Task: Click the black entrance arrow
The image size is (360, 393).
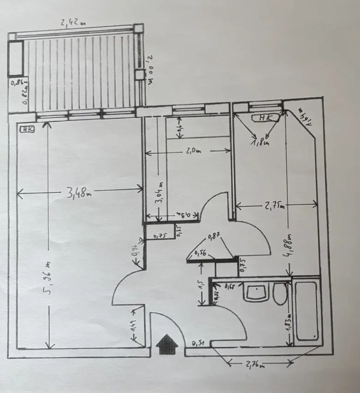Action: point(168,345)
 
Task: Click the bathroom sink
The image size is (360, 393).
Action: point(255,292)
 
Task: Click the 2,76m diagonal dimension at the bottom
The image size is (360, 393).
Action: point(255,365)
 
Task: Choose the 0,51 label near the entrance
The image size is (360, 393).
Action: point(199,343)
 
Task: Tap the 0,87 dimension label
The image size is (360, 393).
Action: point(214,236)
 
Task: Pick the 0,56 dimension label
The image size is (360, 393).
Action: point(201,253)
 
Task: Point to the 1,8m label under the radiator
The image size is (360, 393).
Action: point(260,143)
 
